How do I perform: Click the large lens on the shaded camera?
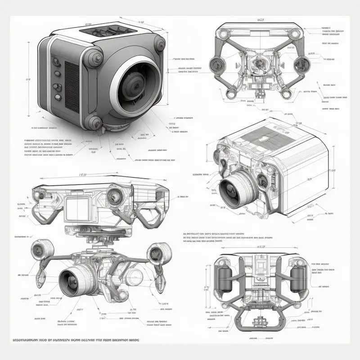tap(135, 83)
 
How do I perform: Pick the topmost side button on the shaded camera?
tap(57, 63)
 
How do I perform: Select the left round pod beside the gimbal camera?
tap(43, 250)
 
